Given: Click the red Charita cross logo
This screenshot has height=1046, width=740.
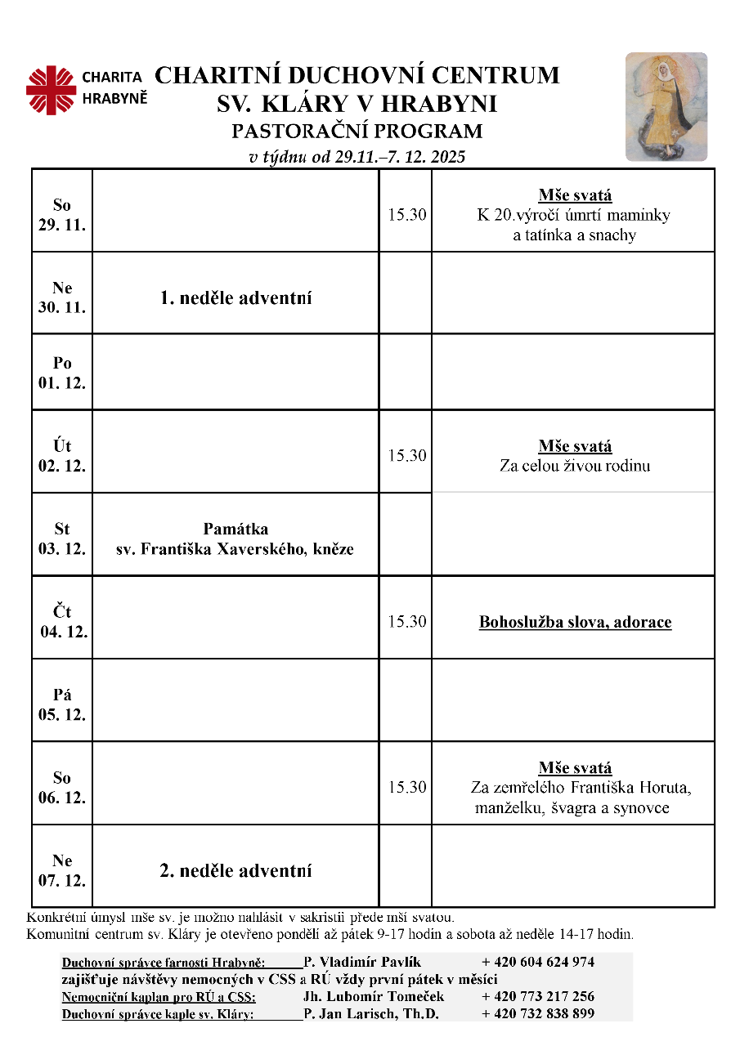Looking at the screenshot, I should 51,89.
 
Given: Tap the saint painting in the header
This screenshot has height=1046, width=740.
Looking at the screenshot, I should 666,107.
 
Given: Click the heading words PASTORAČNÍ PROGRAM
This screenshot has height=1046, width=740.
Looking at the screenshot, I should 357,131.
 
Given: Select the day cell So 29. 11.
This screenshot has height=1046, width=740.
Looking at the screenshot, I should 62,215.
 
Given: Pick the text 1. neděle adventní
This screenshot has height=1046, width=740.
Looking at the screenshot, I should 235,298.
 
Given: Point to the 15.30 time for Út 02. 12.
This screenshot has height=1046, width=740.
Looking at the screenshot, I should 406,456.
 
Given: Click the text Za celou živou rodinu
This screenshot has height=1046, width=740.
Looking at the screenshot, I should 575,467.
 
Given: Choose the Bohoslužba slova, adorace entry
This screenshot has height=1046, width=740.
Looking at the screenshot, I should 575,623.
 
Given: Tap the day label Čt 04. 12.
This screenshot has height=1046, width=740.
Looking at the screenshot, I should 63,622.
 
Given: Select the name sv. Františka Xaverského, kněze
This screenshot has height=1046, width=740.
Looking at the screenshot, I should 235,549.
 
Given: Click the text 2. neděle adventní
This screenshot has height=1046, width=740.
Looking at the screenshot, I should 235,871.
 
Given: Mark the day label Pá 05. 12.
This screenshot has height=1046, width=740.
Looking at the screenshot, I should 62,704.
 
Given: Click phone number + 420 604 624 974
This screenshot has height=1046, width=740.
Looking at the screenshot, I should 537,962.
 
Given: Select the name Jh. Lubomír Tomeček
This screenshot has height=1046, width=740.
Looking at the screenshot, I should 373,996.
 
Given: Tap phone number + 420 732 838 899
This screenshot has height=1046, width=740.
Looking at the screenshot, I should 537,1014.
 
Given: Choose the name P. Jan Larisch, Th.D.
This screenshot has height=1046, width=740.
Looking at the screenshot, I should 370,1014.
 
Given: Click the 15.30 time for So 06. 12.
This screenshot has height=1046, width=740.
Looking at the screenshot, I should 406,788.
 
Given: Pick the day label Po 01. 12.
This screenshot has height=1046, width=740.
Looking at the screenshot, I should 62,373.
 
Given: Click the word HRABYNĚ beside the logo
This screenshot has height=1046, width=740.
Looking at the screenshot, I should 115,98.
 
